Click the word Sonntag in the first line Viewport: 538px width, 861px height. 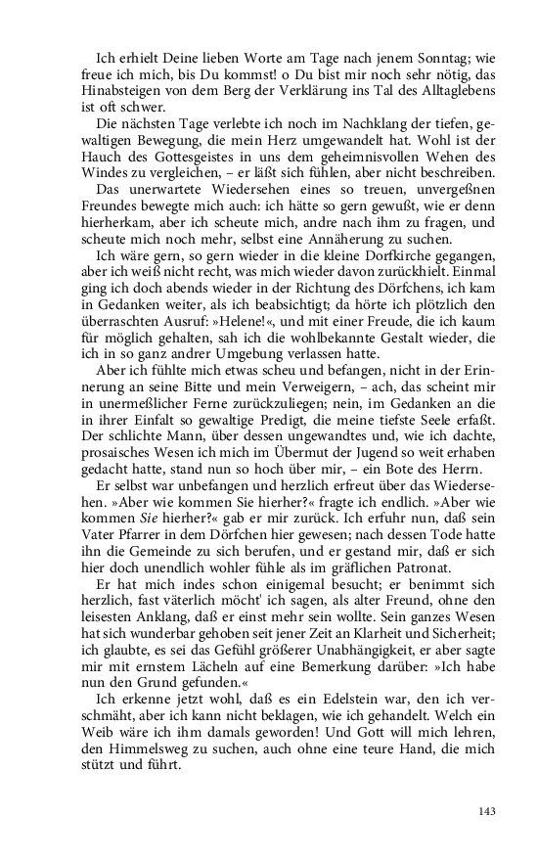coord(443,58)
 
